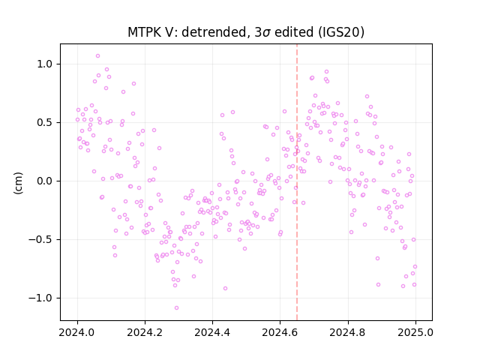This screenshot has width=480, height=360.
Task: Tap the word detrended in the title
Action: pos(214,32)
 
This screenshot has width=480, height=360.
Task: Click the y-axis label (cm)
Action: pos(18,183)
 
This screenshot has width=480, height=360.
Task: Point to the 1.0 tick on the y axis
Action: pos(45,64)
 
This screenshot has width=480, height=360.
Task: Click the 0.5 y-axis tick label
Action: pos(45,123)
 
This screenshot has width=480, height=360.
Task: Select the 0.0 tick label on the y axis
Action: pos(45,181)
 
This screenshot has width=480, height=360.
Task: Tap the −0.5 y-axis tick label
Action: pos(40,240)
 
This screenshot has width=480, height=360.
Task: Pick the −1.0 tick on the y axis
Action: pos(40,298)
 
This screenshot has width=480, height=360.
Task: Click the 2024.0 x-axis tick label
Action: pos(77,332)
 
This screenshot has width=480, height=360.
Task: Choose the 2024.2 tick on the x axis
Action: pos(145,332)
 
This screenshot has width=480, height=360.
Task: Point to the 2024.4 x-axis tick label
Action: pos(212,332)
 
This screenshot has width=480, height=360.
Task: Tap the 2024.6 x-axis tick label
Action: pos(280,332)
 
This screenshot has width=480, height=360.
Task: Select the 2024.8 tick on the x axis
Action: pos(348,332)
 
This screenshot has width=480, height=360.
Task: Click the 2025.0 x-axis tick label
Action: pos(415,332)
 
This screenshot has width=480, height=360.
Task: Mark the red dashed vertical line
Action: pos(297,182)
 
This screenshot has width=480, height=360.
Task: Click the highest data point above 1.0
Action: pos(98,56)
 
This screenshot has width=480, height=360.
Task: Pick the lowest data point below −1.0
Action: pos(177,308)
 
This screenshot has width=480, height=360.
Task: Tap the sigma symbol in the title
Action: pos(266,33)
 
